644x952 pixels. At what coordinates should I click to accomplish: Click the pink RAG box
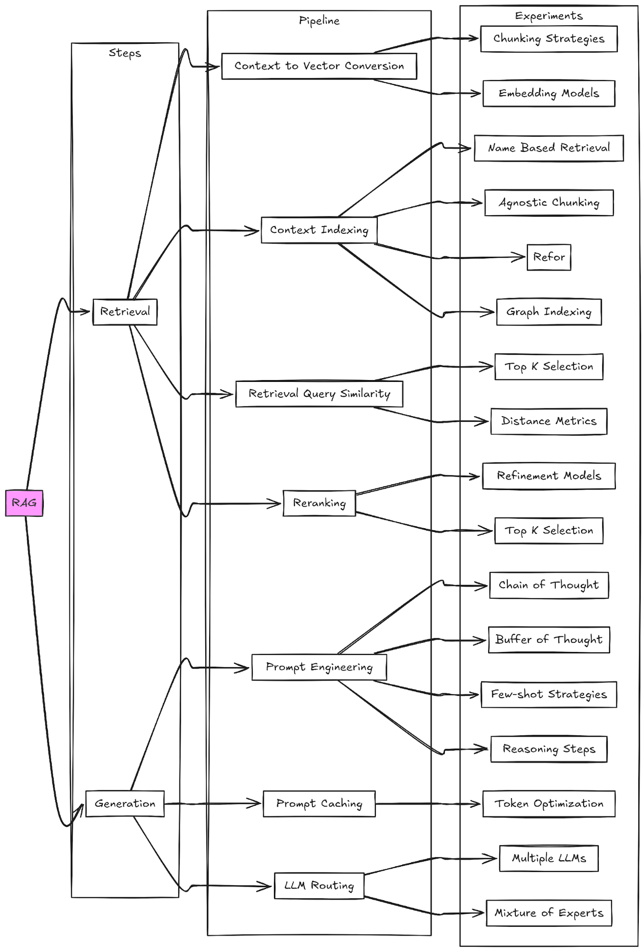(24, 503)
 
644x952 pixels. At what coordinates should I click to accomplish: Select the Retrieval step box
(125, 312)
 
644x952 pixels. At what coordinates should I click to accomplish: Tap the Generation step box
(125, 804)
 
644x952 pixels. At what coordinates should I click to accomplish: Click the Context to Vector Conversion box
(319, 66)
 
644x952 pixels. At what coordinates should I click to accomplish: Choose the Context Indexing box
(319, 230)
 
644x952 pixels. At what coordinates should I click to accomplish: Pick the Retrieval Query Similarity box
(319, 394)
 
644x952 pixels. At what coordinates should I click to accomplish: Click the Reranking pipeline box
(319, 503)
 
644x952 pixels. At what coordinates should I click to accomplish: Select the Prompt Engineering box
(319, 667)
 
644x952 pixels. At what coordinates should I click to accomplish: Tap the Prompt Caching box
(319, 804)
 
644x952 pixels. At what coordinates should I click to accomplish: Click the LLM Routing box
(319, 886)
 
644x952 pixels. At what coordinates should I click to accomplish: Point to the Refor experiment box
(549, 257)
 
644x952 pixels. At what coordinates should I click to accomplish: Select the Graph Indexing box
(549, 312)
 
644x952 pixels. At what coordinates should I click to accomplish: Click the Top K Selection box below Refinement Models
(549, 531)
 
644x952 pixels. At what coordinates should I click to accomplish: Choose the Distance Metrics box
(549, 421)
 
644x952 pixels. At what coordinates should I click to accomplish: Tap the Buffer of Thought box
(549, 640)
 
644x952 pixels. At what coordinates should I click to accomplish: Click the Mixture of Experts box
(549, 913)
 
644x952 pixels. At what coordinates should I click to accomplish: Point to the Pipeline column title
(319, 20)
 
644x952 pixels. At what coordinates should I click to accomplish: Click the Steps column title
(125, 53)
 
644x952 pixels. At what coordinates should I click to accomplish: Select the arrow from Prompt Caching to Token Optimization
(429, 804)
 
